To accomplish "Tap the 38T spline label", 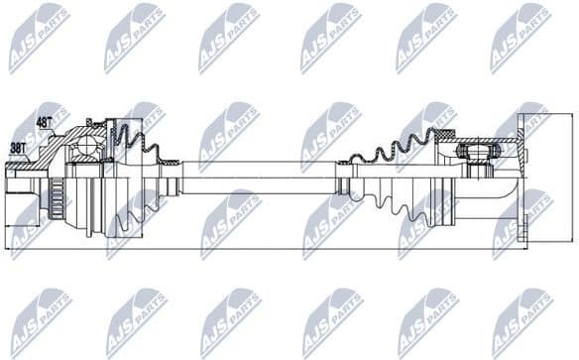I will click(x=18, y=147).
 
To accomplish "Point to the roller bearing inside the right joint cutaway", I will click(x=476, y=155).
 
